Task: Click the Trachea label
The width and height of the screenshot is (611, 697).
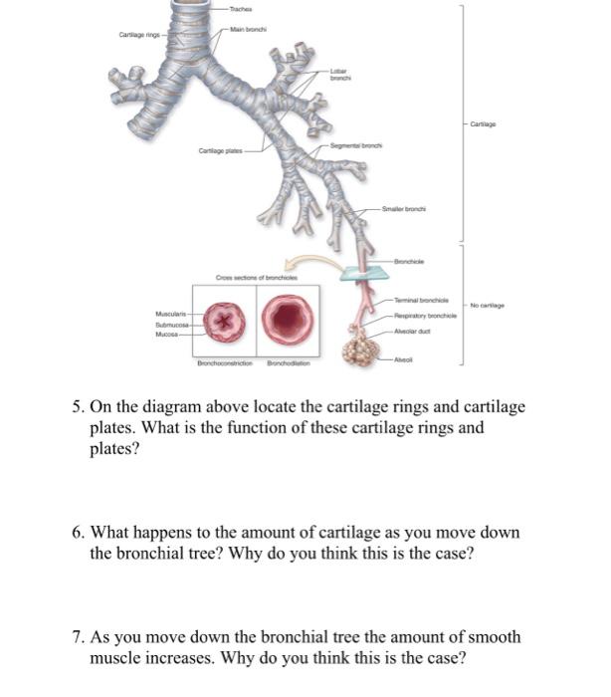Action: coord(239,9)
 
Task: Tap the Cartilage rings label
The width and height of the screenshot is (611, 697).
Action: coord(139,36)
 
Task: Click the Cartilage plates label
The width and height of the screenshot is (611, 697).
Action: coord(220,151)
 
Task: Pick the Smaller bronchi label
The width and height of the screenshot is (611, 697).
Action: coord(406,210)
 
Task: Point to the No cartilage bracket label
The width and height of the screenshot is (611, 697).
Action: coord(489,306)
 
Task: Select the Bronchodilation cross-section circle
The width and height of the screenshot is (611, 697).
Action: coord(289,321)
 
